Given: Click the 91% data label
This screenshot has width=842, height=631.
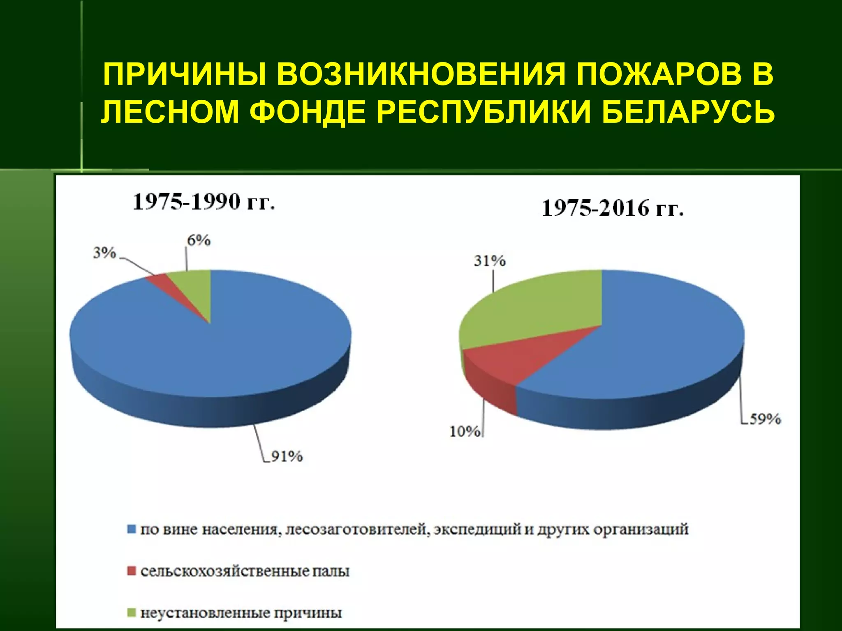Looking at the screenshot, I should point(287,456).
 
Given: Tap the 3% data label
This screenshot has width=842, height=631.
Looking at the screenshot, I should point(104,253).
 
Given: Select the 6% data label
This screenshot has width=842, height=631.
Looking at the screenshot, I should point(199,240).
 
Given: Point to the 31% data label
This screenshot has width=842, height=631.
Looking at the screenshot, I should point(489,260).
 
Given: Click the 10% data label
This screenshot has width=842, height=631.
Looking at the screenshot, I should point(465,431).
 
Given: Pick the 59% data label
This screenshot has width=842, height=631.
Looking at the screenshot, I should point(765,419).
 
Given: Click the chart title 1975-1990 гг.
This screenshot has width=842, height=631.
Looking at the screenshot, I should point(204,202).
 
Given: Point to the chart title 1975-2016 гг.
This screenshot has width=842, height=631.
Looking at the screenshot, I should point(613,208).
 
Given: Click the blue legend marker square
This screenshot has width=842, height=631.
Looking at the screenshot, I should point(132,529).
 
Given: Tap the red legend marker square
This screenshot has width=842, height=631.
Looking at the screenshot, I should point(132,571).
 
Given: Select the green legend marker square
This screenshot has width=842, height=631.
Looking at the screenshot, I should point(132,613).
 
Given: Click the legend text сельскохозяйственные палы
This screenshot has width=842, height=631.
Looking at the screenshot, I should point(245,571).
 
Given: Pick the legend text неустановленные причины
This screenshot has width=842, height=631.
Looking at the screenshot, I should point(241,613).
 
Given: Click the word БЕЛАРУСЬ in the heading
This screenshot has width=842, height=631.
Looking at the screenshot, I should point(687,111).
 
